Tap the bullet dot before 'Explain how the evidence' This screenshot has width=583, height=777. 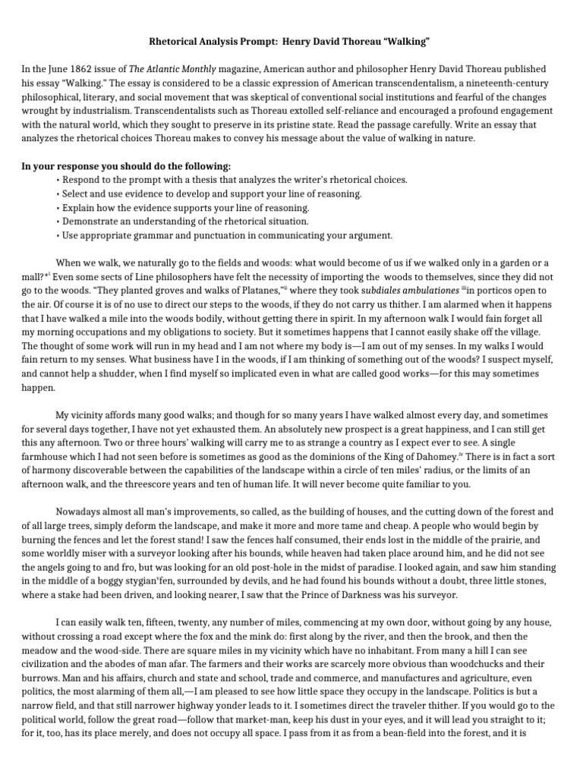click(58, 207)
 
